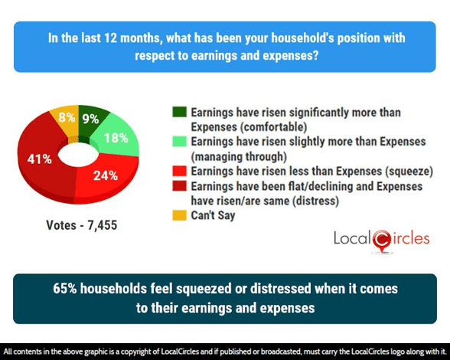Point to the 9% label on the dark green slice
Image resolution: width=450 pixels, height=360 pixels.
(90, 119)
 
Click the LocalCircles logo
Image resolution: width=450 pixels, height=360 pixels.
(381, 240)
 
